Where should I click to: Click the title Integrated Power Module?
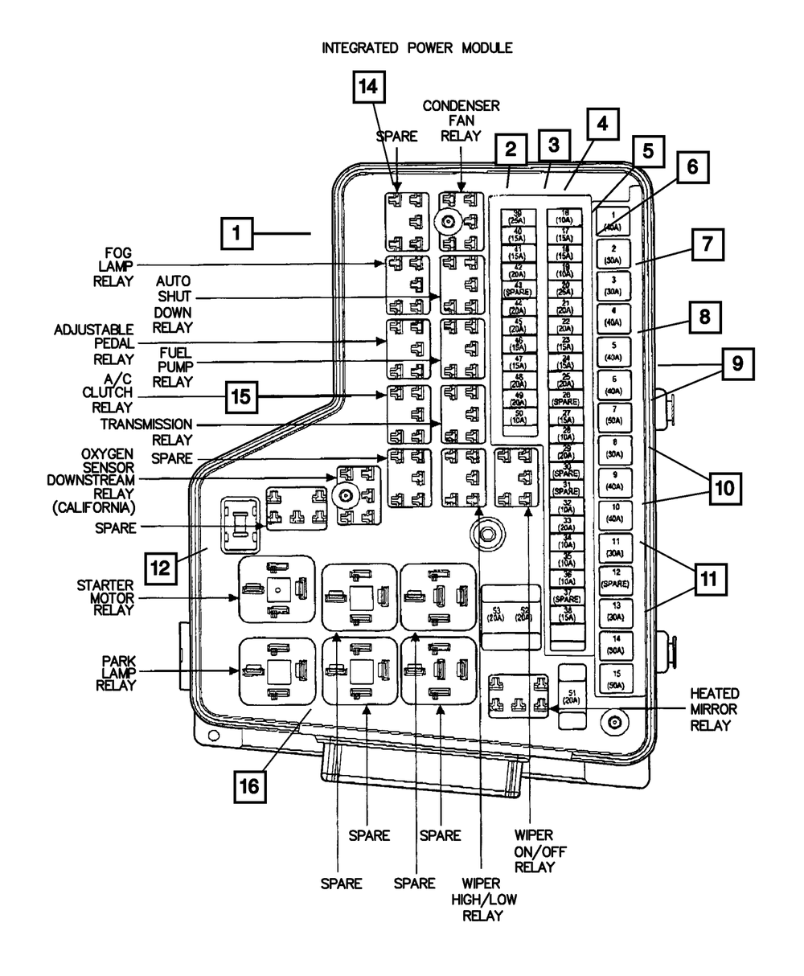pos(416,48)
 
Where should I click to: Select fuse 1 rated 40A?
pos(613,219)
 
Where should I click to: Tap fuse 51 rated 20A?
pos(572,696)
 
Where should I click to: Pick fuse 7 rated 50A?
pos(613,415)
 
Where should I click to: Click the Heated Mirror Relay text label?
pos(714,709)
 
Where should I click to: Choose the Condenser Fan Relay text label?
pos(463,121)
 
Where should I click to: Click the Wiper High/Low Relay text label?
pos(480,899)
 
